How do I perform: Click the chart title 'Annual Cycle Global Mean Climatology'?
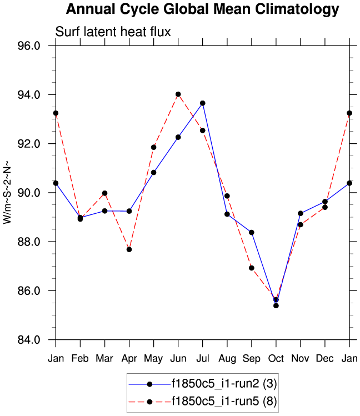(x=202, y=9)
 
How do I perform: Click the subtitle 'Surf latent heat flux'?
(x=113, y=32)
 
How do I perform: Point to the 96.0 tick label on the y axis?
(x=37, y=46)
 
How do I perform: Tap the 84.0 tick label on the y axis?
(x=37, y=340)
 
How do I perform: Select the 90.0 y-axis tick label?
(x=37, y=193)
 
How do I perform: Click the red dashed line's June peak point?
(x=178, y=94)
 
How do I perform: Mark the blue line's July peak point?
(x=203, y=103)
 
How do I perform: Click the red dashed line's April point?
(x=129, y=249)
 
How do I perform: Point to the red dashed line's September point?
(x=251, y=268)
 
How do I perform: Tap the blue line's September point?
(x=251, y=232)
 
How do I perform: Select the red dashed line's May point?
(x=153, y=147)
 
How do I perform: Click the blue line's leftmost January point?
(x=56, y=183)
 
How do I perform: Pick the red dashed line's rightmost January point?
(x=349, y=113)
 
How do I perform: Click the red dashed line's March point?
(x=104, y=193)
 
